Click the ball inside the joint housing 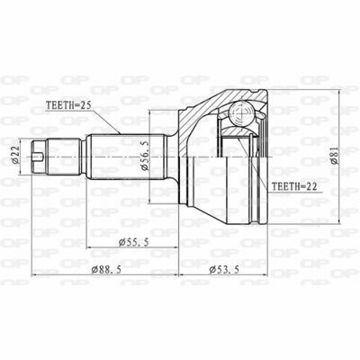pos(241,113)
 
